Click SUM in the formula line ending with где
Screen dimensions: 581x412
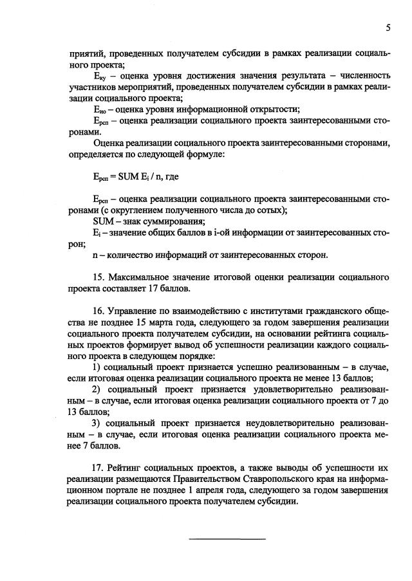(x=129, y=175)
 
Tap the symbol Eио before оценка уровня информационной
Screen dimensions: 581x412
(x=99, y=109)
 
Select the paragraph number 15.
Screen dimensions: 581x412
(x=99, y=277)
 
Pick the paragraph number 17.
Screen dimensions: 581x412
(x=99, y=468)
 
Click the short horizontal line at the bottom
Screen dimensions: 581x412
(x=227, y=538)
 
